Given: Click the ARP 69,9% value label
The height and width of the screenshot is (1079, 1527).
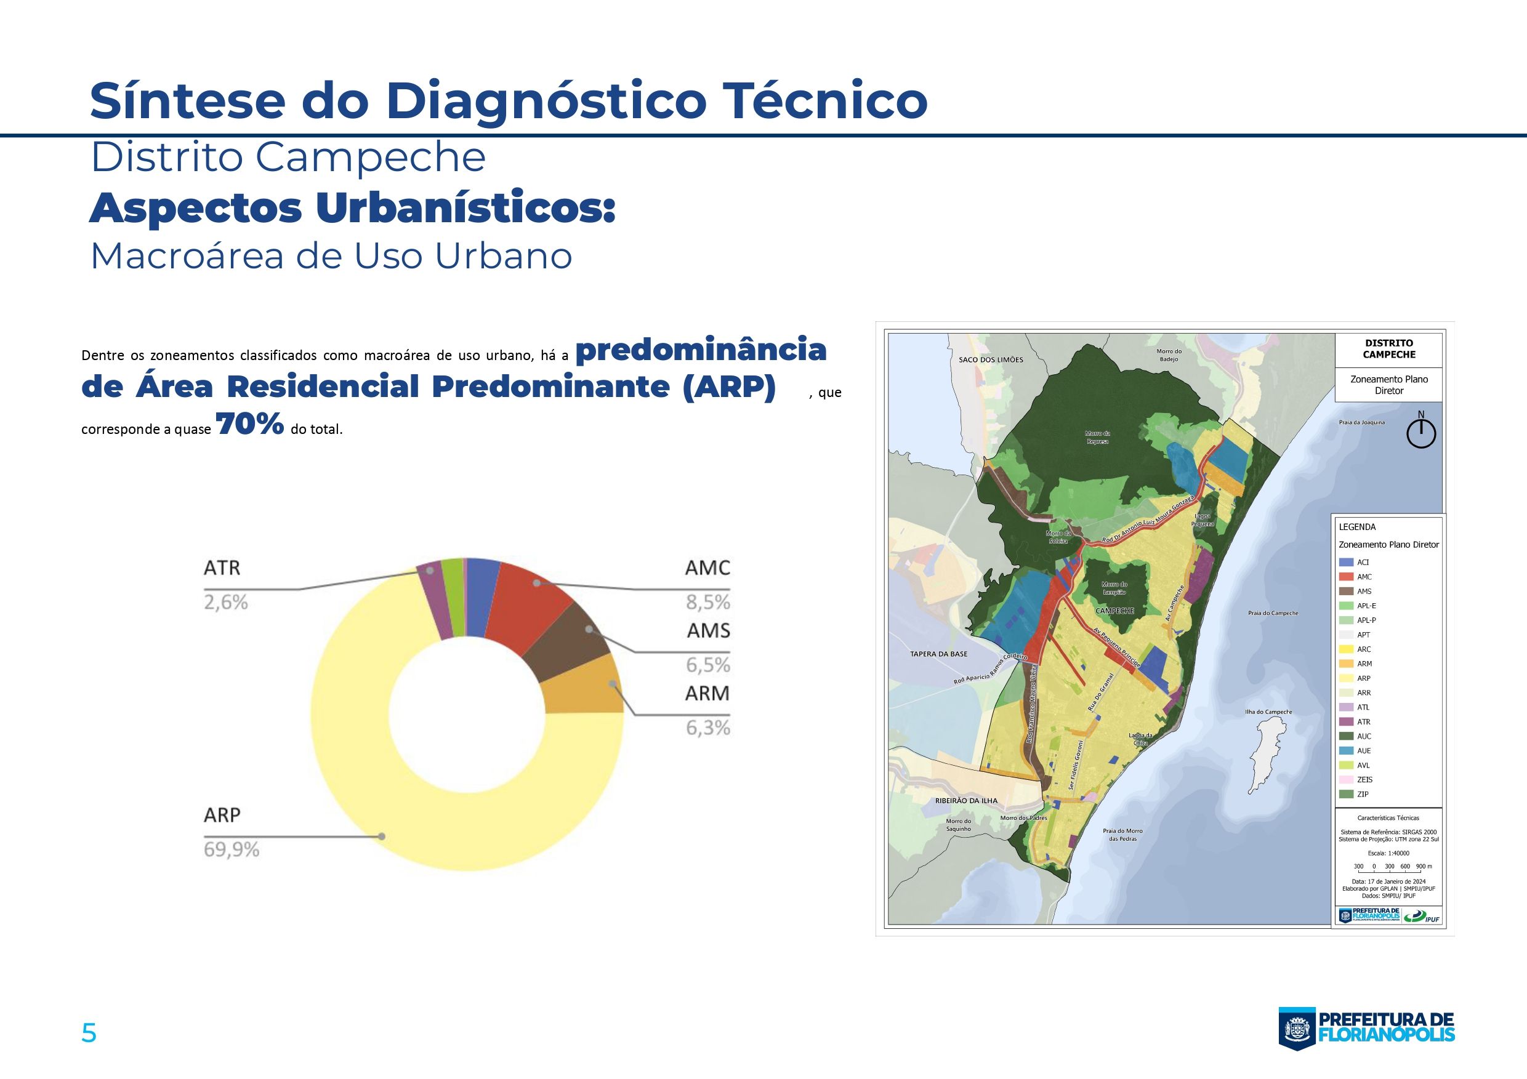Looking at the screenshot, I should (232, 849).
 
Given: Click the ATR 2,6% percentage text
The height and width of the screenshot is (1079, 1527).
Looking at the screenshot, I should (225, 603).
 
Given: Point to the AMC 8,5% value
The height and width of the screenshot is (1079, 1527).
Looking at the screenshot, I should (707, 603).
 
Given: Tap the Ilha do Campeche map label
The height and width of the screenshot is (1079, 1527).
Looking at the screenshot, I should (1268, 712).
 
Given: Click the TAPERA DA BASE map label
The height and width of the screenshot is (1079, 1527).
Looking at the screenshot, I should (938, 654).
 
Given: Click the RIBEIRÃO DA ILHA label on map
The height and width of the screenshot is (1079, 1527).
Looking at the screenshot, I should (965, 801).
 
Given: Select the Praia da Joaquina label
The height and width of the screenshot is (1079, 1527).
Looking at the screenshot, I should (1361, 422).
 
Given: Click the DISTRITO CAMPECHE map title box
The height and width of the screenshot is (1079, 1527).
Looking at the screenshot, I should (1388, 349).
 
